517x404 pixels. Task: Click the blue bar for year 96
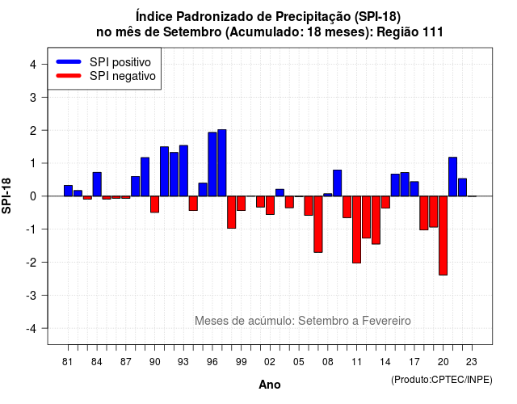tap(212, 164)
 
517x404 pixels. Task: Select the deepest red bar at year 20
tap(443, 235)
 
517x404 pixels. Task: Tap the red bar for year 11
tap(356, 229)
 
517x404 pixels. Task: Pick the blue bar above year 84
tap(97, 184)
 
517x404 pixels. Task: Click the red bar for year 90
tap(154, 204)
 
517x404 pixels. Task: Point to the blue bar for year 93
tap(183, 170)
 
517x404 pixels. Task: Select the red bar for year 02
tap(270, 205)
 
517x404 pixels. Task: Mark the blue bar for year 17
tap(414, 189)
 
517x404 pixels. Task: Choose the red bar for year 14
tap(385, 202)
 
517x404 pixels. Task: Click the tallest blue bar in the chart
tap(222, 163)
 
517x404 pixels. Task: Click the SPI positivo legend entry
tap(103, 62)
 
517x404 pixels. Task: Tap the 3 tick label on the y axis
tap(33, 97)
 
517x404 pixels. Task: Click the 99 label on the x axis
tap(241, 362)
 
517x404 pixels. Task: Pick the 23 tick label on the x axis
tap(472, 362)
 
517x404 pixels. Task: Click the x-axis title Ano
tap(270, 385)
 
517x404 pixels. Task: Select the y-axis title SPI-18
tap(6, 196)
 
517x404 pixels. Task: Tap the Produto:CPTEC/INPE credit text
tap(442, 380)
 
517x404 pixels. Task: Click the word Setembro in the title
tap(192, 32)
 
